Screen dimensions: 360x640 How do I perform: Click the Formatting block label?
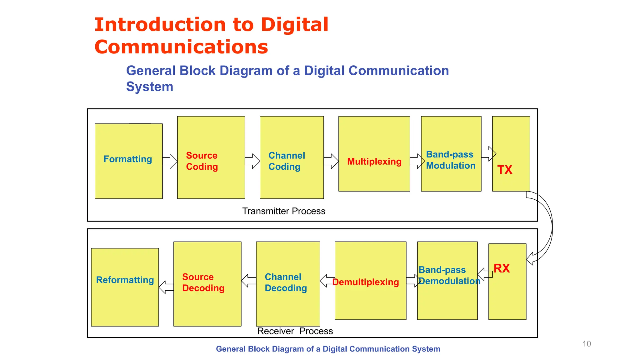[x=127, y=159]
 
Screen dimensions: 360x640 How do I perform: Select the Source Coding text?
[x=202, y=161]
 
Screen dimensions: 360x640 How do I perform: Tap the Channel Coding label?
[x=287, y=161]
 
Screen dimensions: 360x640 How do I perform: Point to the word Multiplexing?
[x=374, y=162]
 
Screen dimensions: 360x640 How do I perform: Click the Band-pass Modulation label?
[x=450, y=160]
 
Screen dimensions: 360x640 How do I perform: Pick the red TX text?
[x=505, y=170]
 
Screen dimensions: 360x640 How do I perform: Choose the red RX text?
[x=502, y=268]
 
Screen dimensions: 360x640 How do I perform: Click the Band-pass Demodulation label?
[x=449, y=275]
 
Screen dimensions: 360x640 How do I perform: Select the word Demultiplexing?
[x=366, y=282]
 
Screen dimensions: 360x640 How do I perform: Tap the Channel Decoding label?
[x=286, y=282]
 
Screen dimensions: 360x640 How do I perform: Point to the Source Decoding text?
[x=203, y=282]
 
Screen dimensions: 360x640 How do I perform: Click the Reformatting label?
[x=125, y=280]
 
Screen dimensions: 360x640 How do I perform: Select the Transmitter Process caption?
[x=284, y=211]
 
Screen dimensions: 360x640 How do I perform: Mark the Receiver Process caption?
[x=295, y=331]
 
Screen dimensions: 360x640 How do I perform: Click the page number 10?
[x=587, y=344]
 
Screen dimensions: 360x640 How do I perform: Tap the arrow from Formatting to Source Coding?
[x=170, y=161]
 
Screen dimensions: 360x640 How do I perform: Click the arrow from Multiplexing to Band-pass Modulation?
[x=417, y=161]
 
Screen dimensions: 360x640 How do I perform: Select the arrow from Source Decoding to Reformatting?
[x=166, y=287]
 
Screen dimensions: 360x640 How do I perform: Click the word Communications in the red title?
[x=181, y=47]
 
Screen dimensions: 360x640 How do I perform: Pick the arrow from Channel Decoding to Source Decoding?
[x=249, y=281]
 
